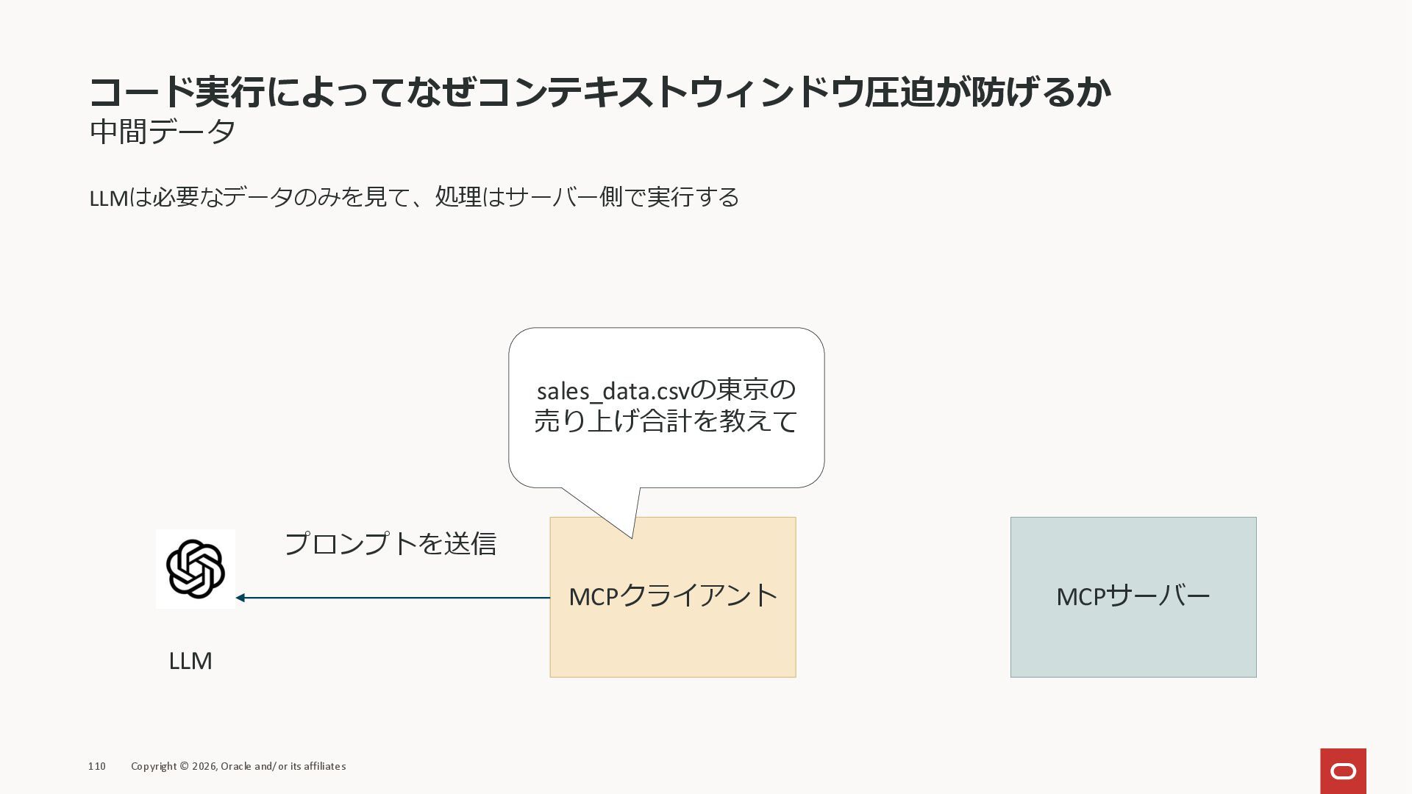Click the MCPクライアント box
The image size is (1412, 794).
672,625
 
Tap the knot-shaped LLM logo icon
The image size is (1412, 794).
196,569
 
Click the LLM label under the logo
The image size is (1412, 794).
190,661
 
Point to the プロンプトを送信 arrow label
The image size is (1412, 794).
390,544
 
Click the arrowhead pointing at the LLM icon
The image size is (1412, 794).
240,598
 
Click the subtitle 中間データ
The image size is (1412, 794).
163,132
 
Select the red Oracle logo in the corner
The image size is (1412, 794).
1343,770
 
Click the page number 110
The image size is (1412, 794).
97,766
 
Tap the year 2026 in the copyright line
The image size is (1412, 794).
204,766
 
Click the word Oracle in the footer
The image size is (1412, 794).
236,766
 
